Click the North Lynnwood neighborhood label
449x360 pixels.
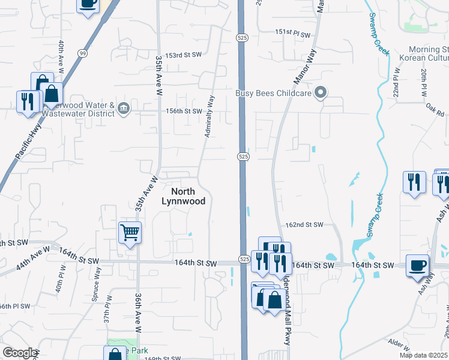pyautogui.click(x=183, y=196)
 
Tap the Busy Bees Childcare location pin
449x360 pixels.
pyautogui.click(x=321, y=92)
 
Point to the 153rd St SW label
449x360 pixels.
pyautogui.click(x=184, y=55)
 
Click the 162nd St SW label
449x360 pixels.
pyautogui.click(x=304, y=225)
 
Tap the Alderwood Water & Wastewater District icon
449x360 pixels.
pyautogui.click(x=124, y=109)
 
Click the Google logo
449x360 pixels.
pyautogui.click(x=19, y=353)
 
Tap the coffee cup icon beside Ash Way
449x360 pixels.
pyautogui.click(x=417, y=265)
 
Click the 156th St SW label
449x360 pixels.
pyautogui.click(x=184, y=111)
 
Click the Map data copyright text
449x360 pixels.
pyautogui.click(x=423, y=355)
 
